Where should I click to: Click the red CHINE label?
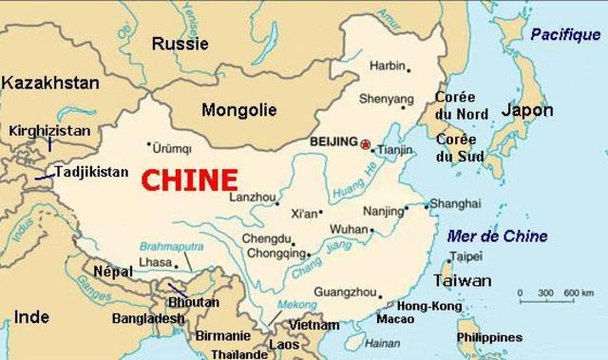point(189,178)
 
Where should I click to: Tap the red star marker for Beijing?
point(364,142)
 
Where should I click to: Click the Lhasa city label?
point(155,261)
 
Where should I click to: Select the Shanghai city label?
point(448,203)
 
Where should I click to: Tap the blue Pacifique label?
point(560,34)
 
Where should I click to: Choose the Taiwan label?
point(463,280)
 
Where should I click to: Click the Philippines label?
point(489,337)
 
